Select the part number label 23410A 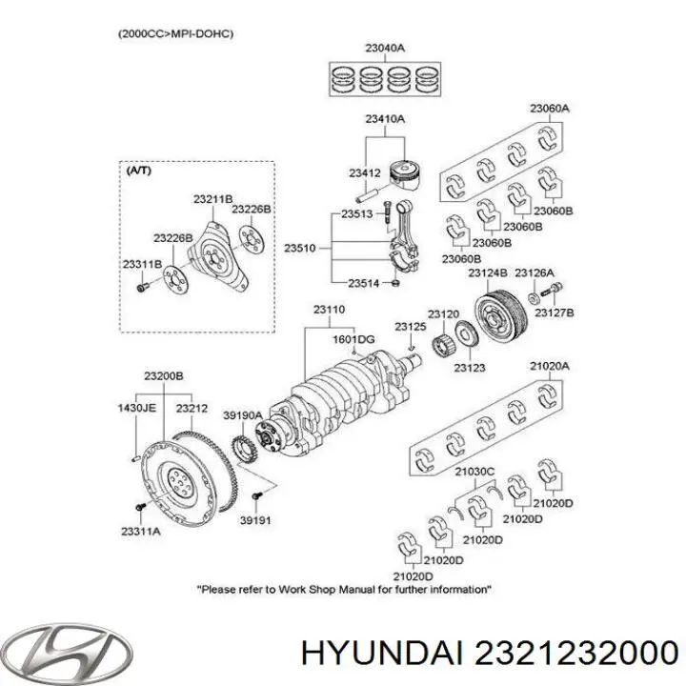click(383, 120)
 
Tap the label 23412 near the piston click(364, 173)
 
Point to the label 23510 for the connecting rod click(299, 248)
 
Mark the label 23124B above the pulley click(487, 273)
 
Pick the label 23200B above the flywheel click(163, 377)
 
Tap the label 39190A click(242, 415)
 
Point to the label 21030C click(475, 470)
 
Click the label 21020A click(550, 366)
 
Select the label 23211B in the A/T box click(212, 199)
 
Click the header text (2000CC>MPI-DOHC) click(176, 34)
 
